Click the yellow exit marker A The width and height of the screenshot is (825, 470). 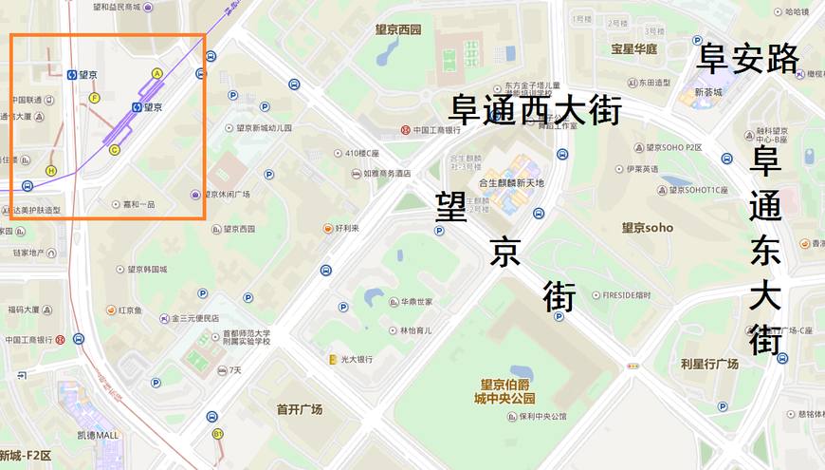(157, 73)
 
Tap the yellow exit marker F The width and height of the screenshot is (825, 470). (94, 98)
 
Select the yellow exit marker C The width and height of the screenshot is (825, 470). (115, 150)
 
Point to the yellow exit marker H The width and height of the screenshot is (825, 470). (51, 171)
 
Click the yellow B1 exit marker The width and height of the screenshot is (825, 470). (218, 434)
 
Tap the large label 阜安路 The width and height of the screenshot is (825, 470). (748, 59)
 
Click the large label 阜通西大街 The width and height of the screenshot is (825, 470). (536, 109)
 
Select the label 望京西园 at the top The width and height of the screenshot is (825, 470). (397, 29)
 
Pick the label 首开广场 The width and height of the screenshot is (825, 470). (300, 409)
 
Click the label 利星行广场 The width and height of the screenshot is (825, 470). (709, 364)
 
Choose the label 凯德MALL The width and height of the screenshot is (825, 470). (98, 435)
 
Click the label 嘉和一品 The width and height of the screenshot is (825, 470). (138, 204)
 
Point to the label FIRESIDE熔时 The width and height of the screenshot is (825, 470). (626, 295)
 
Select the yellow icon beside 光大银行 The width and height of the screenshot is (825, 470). (332, 359)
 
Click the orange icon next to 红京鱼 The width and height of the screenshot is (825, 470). (110, 310)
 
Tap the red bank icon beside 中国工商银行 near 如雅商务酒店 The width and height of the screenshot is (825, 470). (405, 129)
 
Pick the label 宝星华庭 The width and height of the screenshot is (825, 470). (634, 48)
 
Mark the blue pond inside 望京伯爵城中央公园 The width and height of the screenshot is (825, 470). (521, 372)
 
